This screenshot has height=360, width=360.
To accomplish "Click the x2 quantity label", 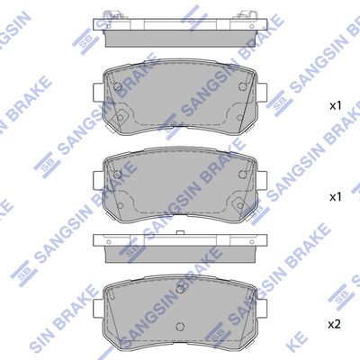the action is pos(335,325).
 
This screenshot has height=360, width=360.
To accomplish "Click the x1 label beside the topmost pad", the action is pos(336,105).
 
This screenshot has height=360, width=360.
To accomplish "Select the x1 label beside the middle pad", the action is pos(336,197).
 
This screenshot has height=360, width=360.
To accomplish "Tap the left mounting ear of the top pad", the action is pos(98,93).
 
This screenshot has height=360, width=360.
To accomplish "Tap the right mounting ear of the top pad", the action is pos(261,93).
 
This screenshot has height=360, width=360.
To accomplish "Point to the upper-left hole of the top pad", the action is pos(118,86).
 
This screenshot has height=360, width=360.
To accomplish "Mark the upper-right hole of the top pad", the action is pos(242,86).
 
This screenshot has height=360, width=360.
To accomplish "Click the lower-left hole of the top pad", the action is pos(120,117).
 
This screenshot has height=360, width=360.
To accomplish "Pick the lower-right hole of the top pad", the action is pos(240,118).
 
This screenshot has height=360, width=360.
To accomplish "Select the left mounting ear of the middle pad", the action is pos(98,181).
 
